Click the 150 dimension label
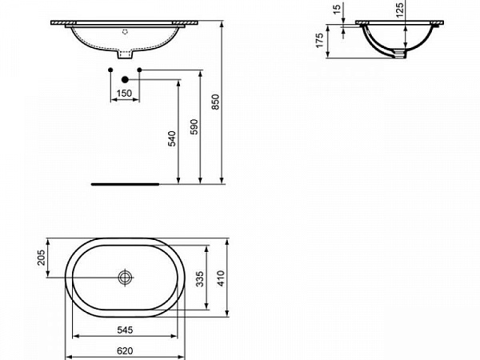pos(124,94)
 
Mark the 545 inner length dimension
pos(125,329)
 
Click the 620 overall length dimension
pos(125,351)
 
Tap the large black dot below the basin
pos(125,78)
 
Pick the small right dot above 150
pos(140,71)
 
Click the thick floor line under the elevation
pos(125,182)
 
